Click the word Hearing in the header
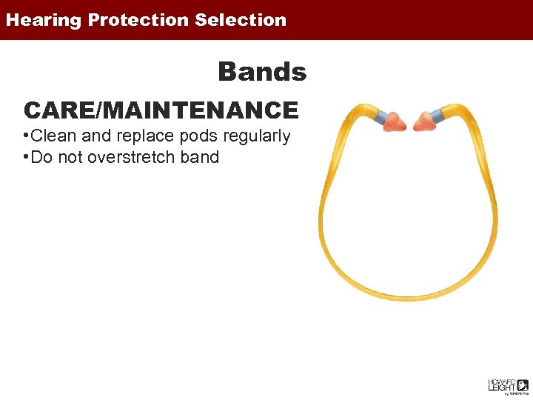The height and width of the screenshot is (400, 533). pos(43,21)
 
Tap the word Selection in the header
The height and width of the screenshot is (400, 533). pos(241,21)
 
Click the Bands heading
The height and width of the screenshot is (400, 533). pos(262,73)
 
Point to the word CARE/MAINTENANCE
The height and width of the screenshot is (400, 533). pos(161,110)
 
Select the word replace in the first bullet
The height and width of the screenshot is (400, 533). pos(141,136)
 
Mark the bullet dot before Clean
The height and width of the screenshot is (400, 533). pos(26,136)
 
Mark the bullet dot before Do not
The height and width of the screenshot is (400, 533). pos(26,157)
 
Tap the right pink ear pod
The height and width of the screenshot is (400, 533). pos(425,119)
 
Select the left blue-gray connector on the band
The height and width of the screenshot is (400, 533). pos(381,117)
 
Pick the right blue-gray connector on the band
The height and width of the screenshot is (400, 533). pos(438,115)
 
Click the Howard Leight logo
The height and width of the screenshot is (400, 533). pos(507,386)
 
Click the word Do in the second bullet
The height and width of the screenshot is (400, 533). pos(41,157)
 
